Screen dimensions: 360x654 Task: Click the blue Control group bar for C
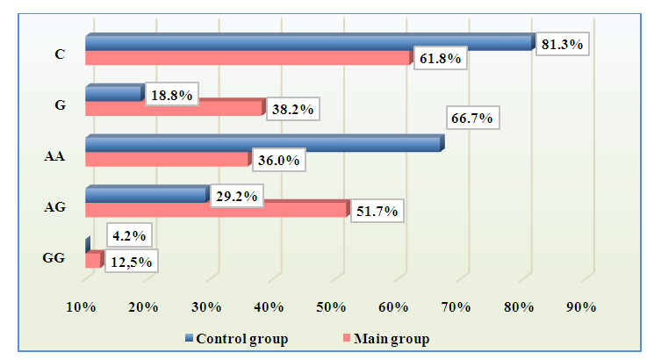[x=307, y=43]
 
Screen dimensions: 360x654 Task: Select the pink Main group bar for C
[x=246, y=58]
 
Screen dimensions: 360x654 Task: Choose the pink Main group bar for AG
[x=215, y=210]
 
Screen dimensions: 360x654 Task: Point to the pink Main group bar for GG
[x=92, y=261]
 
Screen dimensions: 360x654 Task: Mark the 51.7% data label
[x=377, y=212]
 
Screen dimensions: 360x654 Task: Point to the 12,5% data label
[x=131, y=262]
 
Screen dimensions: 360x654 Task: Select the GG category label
[x=54, y=259]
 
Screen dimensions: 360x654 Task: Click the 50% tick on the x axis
[x=331, y=306]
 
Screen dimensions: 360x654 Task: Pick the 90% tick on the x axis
[x=580, y=306]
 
